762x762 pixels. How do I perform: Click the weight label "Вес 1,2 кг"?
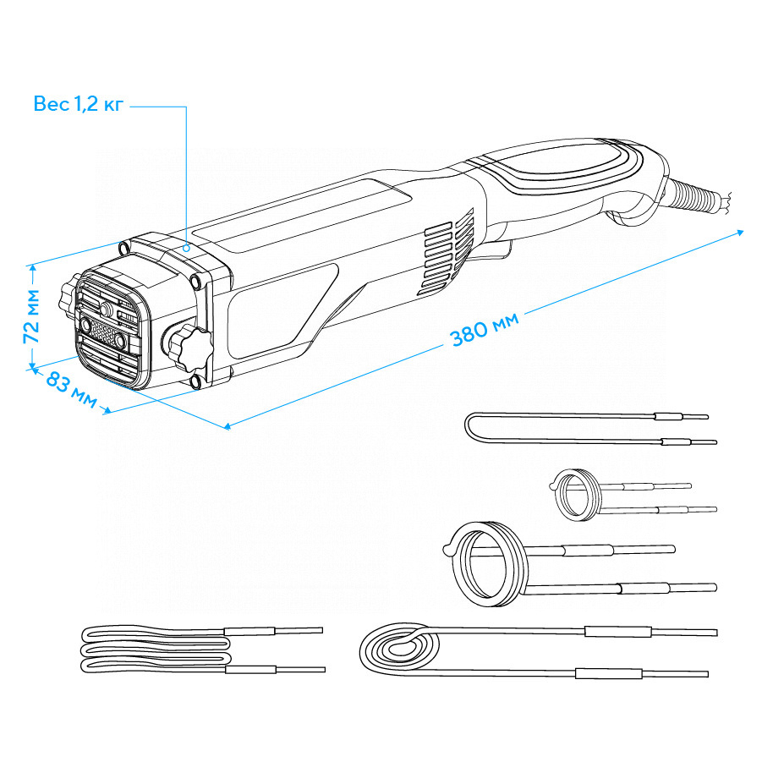coord(79,104)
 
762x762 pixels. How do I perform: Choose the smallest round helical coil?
coord(575,496)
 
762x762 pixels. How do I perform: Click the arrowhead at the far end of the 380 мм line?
coord(741,230)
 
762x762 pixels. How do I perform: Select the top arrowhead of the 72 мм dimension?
coord(33,266)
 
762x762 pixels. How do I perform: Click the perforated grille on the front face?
coord(102,332)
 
